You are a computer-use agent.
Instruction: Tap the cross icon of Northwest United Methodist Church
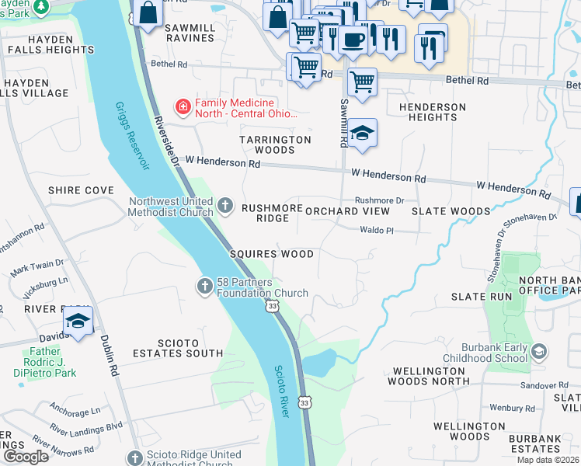tap(225, 206)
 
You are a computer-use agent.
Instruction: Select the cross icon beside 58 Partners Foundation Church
tap(204, 287)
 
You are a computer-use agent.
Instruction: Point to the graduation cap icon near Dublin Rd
tap(78, 320)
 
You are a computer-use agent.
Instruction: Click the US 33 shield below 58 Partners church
tap(271, 307)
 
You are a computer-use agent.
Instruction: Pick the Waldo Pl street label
tap(377, 231)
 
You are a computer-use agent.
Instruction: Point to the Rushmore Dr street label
tap(380, 200)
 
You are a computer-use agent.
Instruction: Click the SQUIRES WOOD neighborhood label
tap(272, 254)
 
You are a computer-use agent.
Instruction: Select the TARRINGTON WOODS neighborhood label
tap(275, 144)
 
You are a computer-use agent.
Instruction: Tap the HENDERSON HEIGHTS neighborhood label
tap(433, 112)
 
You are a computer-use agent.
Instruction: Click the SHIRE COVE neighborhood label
tap(81, 190)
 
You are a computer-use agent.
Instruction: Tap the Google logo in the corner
tap(26, 457)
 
